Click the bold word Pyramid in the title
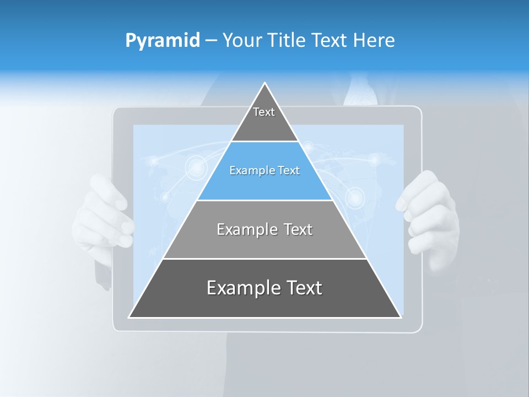coord(163,41)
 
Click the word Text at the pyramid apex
coord(264,112)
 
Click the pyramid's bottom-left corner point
coord(129,317)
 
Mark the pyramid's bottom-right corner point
coord(401,317)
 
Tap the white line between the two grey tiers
coord(264,259)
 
